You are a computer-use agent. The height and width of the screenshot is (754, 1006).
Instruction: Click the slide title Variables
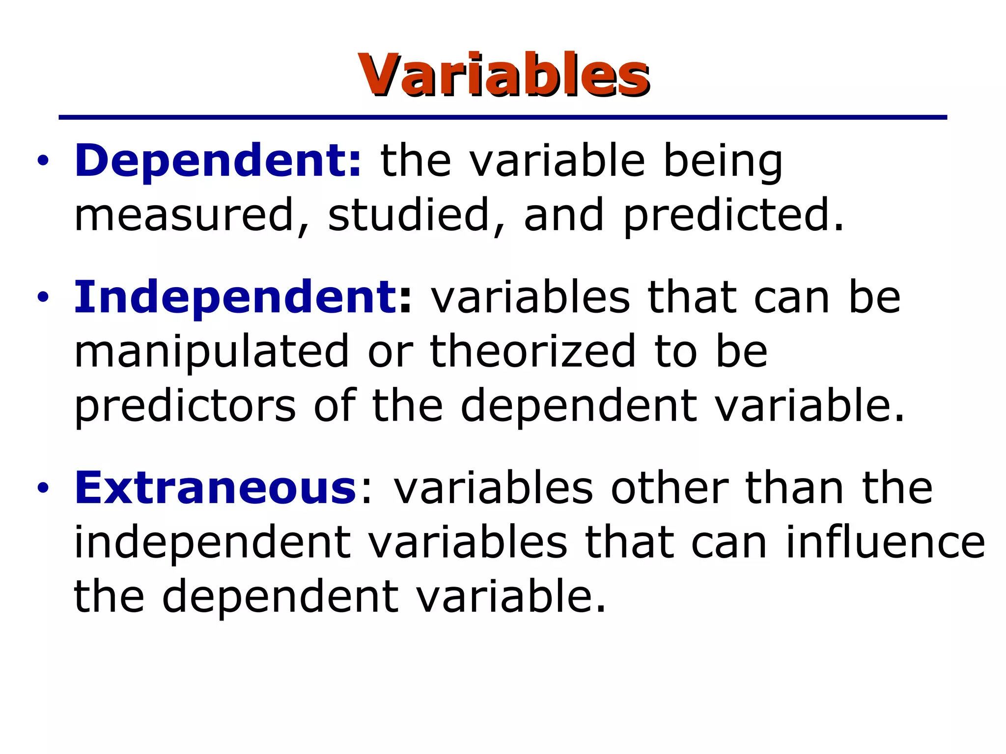504,75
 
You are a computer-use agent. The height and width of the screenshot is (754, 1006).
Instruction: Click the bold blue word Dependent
216,161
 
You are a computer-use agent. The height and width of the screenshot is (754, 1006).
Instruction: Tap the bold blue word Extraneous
215,488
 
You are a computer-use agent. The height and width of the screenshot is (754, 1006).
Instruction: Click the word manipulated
211,351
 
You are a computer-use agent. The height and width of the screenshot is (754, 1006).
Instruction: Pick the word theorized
532,351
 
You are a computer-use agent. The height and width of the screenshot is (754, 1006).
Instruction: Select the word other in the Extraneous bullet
669,488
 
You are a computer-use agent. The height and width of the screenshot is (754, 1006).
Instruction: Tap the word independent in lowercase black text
212,543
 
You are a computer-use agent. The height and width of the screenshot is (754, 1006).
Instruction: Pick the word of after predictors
334,405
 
